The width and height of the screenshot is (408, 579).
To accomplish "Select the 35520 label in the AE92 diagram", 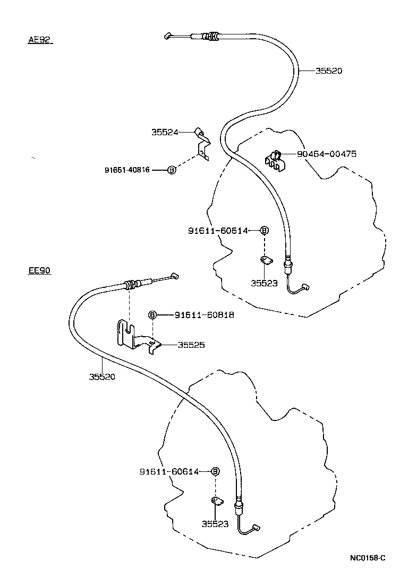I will (329, 71).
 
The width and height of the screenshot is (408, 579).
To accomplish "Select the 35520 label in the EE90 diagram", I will (102, 377).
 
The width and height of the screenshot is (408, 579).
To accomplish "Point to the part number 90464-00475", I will (326, 154).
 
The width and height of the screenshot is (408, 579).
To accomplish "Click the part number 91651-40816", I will (127, 170).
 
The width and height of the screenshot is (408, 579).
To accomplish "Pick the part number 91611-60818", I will (204, 315).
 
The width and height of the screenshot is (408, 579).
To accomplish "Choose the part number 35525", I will (191, 345).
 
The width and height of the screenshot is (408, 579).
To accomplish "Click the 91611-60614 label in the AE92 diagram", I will (218, 231).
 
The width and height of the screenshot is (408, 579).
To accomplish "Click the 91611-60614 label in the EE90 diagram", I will (169, 471).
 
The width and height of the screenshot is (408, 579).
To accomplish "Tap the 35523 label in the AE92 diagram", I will (264, 283).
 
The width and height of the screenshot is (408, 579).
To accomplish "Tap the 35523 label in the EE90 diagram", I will (215, 524).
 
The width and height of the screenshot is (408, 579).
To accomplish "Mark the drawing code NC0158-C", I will (367, 558).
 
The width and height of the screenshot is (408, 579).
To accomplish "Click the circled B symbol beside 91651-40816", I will (172, 170).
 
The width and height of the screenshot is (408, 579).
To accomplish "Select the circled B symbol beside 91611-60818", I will (152, 315).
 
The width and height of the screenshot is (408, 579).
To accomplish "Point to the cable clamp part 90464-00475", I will (275, 160).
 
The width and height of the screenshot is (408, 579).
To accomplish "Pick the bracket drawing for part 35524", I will (202, 143).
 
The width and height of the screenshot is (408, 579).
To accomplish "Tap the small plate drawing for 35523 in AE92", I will (266, 260).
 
